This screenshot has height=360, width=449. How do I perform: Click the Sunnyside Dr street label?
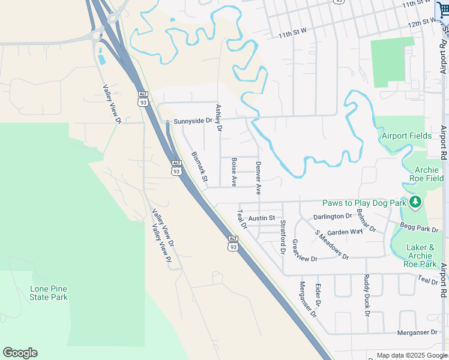click(193, 121)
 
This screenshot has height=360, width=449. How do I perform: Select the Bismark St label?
click(199, 167)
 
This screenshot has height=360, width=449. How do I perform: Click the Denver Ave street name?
click(259, 178)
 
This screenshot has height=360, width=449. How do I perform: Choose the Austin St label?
click(262, 218)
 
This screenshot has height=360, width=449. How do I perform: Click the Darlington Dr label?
click(333, 217)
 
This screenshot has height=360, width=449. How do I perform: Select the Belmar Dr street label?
click(366, 220)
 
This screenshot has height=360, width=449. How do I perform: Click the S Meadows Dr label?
click(332, 245)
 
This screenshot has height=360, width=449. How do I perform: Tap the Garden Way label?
click(345, 232)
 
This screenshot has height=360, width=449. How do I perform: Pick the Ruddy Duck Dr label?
click(367, 295)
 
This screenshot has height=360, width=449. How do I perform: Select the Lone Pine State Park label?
click(49, 293)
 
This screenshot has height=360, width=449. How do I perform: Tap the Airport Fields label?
click(406, 136)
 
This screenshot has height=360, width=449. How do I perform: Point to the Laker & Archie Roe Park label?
click(420, 256)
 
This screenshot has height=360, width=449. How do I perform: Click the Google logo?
click(20, 353)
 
